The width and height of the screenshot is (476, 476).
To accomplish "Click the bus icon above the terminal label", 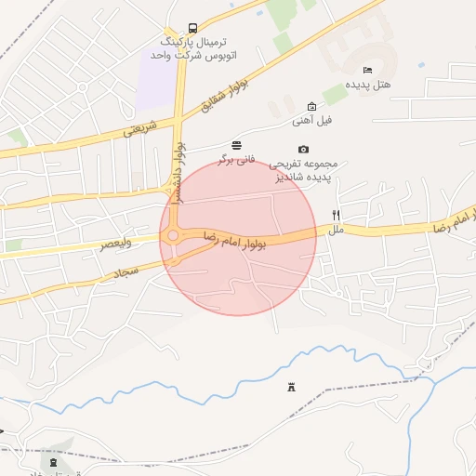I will pos(192,28).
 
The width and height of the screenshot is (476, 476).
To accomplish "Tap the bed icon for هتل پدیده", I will pos(367,70).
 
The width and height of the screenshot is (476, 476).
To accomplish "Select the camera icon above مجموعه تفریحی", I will pos(303,149).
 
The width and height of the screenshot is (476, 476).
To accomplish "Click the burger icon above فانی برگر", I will pos(237,144).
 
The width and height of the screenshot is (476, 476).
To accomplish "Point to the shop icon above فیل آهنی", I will pos(311,106).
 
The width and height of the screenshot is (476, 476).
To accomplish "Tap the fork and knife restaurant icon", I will pos(337,214).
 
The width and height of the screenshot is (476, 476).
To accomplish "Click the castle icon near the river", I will pos(291,387).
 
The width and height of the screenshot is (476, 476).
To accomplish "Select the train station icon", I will pos(51,459).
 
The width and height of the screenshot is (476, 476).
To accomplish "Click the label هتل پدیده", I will pos(368,85).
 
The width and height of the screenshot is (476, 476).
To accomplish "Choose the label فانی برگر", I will pos(236,159).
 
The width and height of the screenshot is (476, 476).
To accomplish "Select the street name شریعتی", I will pos(140,128).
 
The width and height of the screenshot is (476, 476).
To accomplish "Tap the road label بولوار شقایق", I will pos(217,99).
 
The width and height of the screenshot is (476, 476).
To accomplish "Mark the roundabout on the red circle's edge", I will pos(173,236).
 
